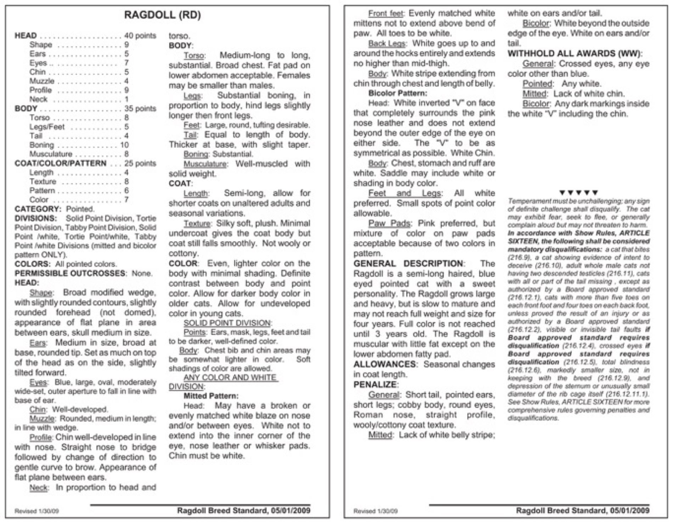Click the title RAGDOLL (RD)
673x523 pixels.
click(x=162, y=15)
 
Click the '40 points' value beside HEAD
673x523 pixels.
click(x=140, y=36)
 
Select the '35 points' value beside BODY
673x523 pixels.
click(x=140, y=108)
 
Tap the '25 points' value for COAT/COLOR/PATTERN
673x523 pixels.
click(x=140, y=163)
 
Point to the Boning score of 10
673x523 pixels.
click(x=124, y=145)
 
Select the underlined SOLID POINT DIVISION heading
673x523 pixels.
click(x=227, y=323)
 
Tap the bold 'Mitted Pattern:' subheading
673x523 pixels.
click(x=211, y=396)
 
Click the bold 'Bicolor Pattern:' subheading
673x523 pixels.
click(x=398, y=93)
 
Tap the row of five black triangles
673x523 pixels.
click(x=578, y=192)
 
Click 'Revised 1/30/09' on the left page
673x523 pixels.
click(x=36, y=511)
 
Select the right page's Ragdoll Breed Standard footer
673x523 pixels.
click(x=582, y=511)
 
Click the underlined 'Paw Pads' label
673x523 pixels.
click(x=389, y=224)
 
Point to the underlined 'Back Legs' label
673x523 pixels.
click(x=387, y=44)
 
